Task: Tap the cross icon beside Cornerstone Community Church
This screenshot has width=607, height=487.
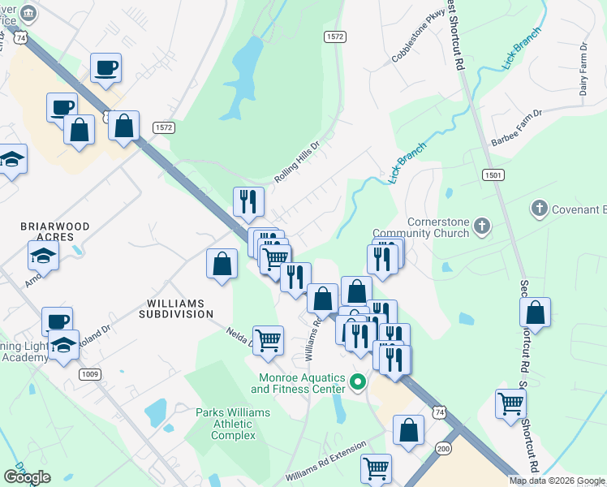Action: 482,226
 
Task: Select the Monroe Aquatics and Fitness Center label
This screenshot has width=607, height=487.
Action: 303,382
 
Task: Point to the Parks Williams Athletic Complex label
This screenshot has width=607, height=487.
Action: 233,424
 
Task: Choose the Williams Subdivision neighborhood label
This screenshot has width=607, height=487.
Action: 176,307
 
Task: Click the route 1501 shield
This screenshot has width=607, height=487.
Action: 493,175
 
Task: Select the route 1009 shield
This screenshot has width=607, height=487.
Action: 90,374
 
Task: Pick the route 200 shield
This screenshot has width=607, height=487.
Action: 443,448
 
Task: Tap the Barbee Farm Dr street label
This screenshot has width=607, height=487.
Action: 527,127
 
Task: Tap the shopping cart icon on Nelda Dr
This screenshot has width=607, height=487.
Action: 268,339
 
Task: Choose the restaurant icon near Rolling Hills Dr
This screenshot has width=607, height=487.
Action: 248,201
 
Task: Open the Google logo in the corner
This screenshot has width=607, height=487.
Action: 27,477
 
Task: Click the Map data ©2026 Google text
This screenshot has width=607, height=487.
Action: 557,481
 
